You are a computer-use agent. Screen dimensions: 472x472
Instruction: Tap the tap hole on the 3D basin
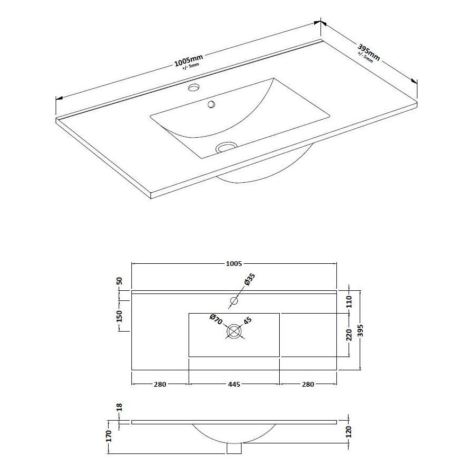coord(193,86)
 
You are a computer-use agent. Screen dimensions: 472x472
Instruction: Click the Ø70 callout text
coord(215,320)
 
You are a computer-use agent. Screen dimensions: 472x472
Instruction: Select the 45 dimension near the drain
coord(247,321)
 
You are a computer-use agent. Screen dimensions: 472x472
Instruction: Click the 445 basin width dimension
coord(234,384)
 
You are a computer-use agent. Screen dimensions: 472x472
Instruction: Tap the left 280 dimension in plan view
coord(159,384)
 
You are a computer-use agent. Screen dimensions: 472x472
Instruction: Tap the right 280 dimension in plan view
coord(308,384)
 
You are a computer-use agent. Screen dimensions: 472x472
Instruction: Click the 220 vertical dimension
coord(348,335)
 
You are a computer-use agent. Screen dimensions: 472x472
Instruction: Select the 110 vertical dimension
coord(348,302)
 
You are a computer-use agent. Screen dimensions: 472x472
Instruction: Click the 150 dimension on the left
coord(120,316)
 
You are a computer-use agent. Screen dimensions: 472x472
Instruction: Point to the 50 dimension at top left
coord(120,281)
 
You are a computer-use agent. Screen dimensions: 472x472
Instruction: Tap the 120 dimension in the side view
coord(348,432)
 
